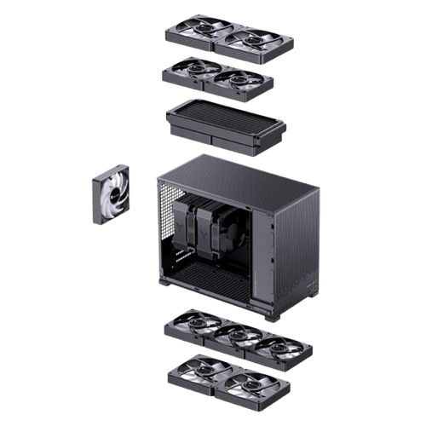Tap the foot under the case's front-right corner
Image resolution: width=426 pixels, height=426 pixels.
[272, 317]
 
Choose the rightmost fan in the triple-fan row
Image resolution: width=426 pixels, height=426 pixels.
[274, 348]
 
